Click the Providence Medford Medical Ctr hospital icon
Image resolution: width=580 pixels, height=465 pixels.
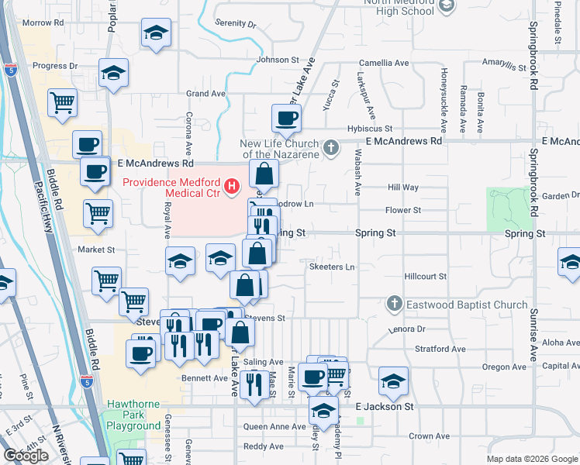231,187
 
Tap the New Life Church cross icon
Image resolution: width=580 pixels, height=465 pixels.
331,147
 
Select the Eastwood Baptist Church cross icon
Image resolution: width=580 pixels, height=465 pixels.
395,304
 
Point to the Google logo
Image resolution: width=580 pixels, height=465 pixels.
26,456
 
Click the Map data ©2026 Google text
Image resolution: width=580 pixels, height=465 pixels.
532,459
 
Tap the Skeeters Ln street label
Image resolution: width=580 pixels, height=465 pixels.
332,267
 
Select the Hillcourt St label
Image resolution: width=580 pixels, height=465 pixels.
426,276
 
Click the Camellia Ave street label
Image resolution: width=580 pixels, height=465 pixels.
384,62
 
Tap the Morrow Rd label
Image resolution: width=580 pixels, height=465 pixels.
43,22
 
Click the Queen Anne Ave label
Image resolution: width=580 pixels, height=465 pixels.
274,426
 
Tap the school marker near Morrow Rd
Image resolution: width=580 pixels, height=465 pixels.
156,33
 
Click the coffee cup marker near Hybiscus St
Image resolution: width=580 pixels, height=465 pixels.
286,118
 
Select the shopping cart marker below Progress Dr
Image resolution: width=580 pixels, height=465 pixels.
62,102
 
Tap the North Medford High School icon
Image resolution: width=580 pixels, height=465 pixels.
446,7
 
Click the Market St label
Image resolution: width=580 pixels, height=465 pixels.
96,250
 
